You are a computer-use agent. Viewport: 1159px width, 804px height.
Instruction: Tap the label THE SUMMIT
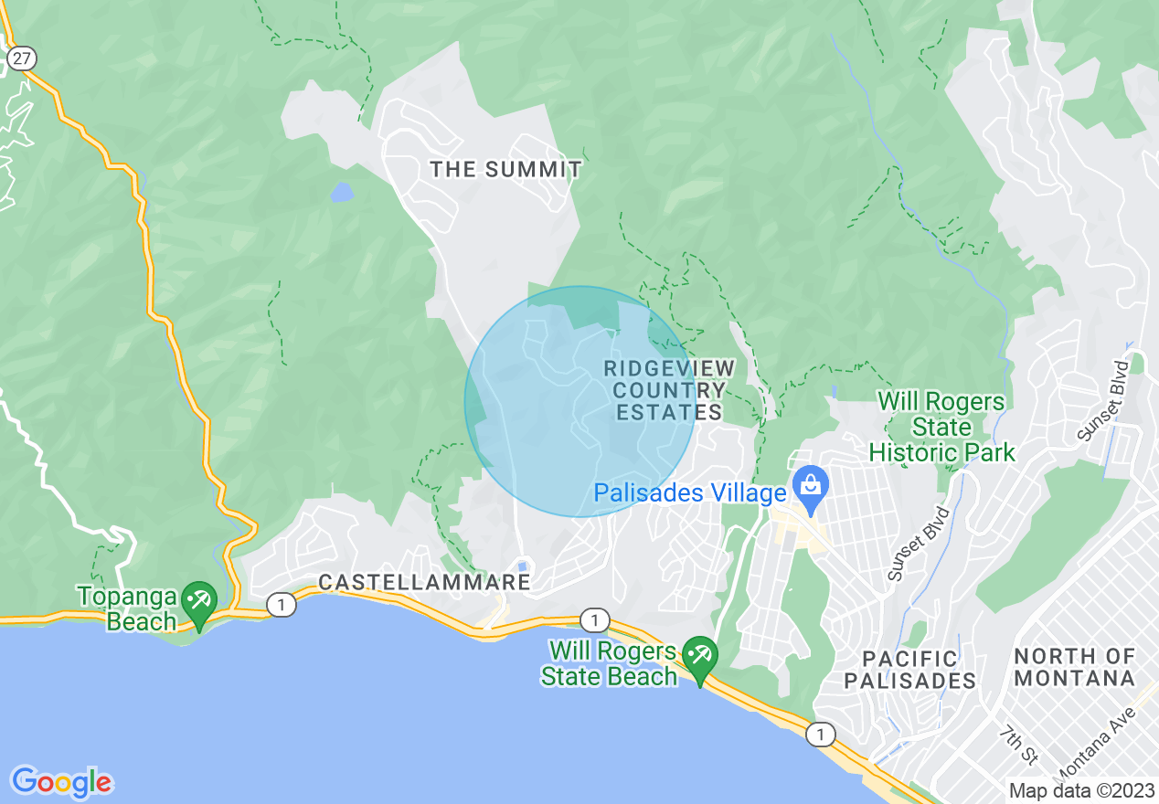point(505,169)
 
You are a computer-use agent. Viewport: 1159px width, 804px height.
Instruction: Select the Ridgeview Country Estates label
point(669,390)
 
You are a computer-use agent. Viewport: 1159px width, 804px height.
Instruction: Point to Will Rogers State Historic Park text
point(941,427)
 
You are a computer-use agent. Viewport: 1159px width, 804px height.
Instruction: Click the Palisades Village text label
point(689,494)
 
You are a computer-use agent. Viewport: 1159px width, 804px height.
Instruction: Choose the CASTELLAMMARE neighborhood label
point(424,582)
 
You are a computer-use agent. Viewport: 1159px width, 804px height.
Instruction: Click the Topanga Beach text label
point(126,609)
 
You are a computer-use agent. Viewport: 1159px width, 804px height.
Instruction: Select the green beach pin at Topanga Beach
point(198,602)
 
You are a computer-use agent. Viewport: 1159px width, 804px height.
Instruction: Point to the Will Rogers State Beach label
point(610,664)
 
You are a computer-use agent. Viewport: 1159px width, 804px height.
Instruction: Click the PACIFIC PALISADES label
point(909,670)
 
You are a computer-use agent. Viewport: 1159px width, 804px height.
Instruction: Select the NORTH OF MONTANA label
point(1074,668)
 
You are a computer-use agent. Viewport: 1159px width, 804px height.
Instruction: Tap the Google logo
point(61,782)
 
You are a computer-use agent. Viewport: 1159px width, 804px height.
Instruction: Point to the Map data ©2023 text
point(1081,789)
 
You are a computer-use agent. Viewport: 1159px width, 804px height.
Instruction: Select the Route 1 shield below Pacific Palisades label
point(821,734)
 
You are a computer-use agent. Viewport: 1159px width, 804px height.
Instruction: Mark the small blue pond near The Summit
point(342,192)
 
